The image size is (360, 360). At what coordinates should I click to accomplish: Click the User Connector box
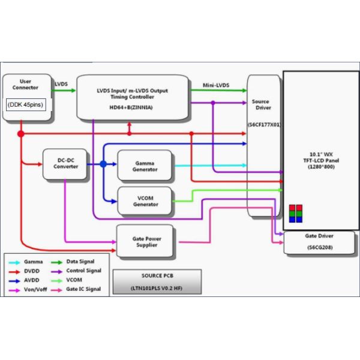[x=25, y=87]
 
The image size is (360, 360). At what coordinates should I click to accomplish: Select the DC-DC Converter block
[x=65, y=164]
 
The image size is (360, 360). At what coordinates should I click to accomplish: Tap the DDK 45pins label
[x=26, y=104]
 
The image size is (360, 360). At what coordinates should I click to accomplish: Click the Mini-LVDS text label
[x=217, y=85]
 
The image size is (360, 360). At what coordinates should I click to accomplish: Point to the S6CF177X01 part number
[x=264, y=125]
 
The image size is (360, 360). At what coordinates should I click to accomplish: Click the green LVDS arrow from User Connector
[x=65, y=91]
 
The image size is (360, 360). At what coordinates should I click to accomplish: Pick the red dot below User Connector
[x=21, y=133]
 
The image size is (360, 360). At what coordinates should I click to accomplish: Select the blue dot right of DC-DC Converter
[x=103, y=164]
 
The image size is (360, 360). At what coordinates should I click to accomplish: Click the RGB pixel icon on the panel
[x=296, y=213]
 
